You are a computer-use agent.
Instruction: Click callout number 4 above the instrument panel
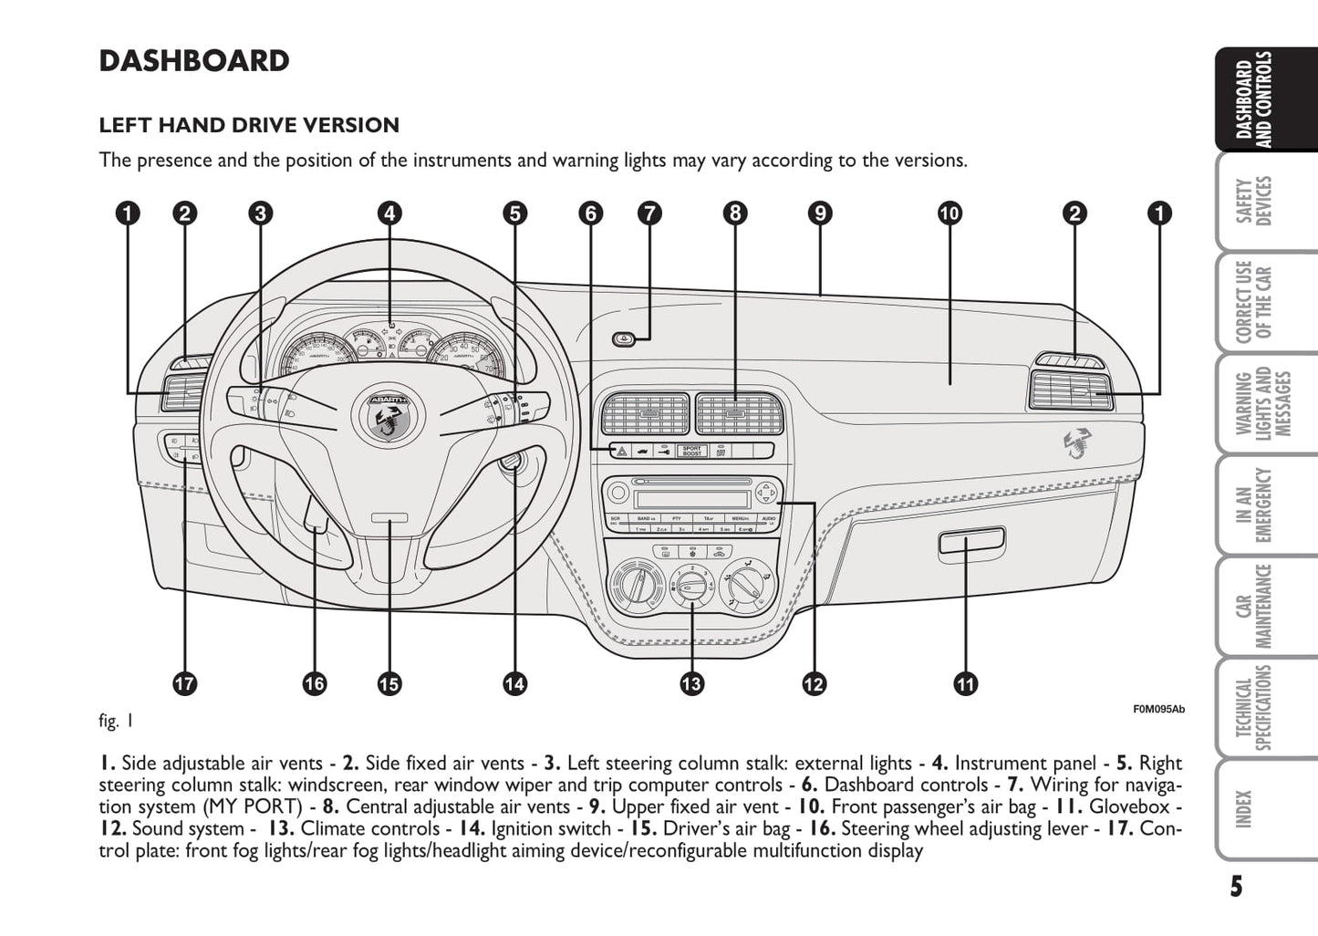(x=389, y=213)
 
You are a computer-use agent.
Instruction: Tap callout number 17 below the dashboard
(x=185, y=683)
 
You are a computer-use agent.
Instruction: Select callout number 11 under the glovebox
(x=965, y=683)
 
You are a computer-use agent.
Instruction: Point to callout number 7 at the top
(x=649, y=213)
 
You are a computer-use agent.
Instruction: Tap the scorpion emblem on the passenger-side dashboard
(x=1082, y=442)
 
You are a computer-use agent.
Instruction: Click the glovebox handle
(x=971, y=545)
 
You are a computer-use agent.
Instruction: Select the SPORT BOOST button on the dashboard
(x=692, y=451)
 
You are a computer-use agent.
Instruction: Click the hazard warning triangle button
(x=619, y=451)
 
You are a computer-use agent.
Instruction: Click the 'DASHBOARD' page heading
(x=194, y=61)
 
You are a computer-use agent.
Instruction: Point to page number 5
(x=1235, y=886)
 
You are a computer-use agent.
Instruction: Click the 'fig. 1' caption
(x=116, y=721)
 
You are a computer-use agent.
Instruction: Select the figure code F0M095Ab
(x=1158, y=709)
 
